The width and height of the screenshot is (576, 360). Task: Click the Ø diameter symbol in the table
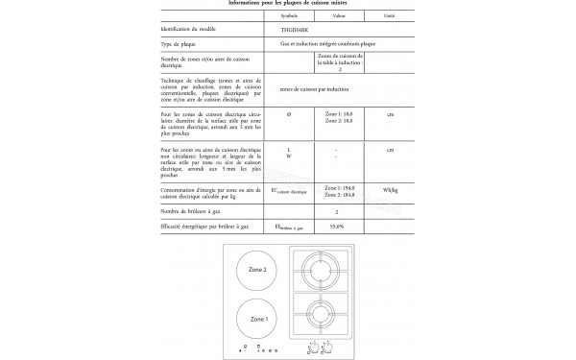[x=290, y=115]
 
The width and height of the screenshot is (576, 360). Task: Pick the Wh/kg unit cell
[x=389, y=192]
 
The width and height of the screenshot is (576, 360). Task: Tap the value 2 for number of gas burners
[x=336, y=209]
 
